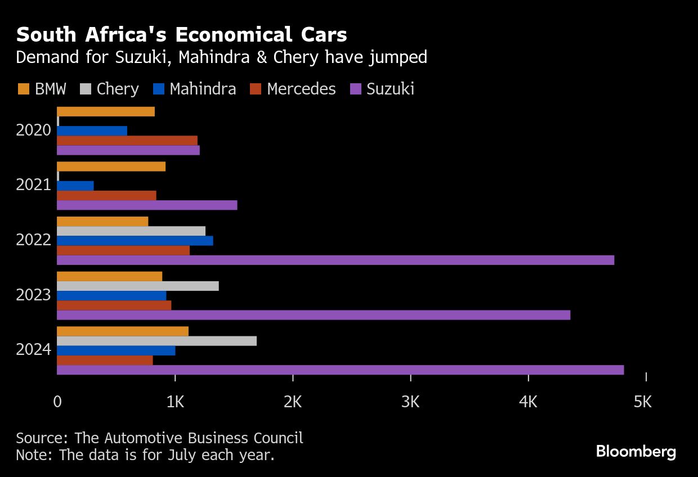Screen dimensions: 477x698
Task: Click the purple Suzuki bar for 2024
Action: [340, 370]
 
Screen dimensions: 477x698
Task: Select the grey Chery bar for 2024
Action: [156, 341]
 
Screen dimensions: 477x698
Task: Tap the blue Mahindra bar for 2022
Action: [135, 241]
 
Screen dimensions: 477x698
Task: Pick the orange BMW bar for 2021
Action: [111, 166]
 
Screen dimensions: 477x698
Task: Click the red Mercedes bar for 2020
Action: [127, 141]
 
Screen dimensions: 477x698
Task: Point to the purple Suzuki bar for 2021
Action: [147, 205]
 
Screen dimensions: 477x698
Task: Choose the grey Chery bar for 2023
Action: [137, 286]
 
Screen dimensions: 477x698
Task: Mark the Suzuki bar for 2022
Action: [335, 260]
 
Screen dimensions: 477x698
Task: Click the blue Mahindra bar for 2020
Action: [92, 131]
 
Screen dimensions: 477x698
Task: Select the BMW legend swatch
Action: [23, 89]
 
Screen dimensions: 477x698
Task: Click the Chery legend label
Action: [118, 89]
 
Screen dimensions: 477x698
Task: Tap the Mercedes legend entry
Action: [301, 89]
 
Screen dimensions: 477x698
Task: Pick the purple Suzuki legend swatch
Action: [356, 89]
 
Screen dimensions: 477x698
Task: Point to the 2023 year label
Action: [34, 295]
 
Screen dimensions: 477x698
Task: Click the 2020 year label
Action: [34, 130]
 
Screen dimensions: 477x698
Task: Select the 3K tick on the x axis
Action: [410, 402]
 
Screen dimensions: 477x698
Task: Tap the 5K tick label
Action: [642, 402]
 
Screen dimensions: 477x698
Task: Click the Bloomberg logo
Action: [636, 452]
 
